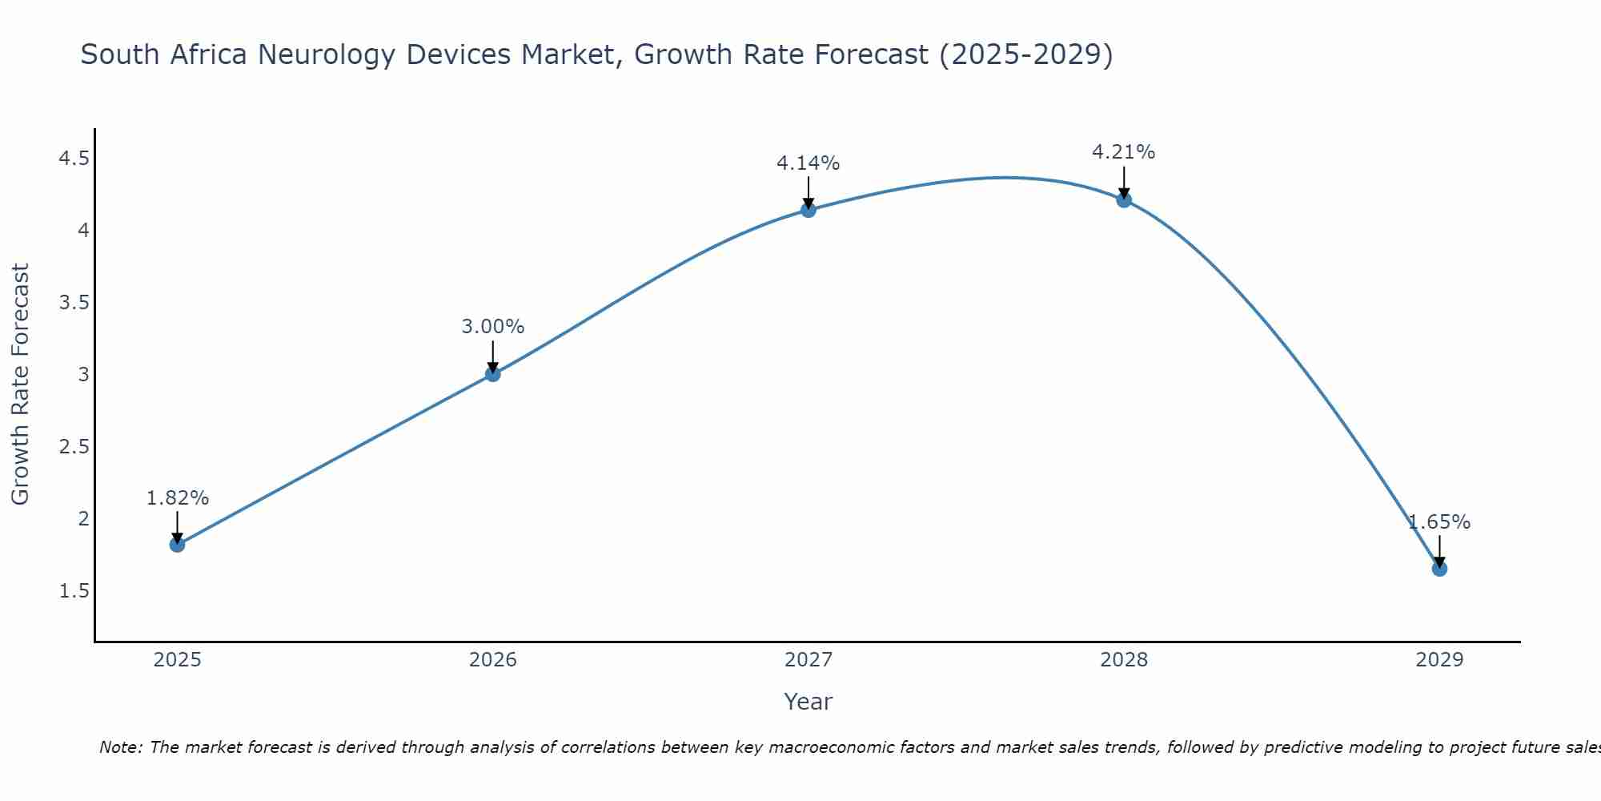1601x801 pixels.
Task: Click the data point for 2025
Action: tap(177, 545)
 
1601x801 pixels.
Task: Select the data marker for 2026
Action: tap(493, 374)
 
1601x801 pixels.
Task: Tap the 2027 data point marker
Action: tap(809, 210)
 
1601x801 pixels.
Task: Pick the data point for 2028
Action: tap(1124, 199)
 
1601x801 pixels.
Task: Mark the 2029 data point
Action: tap(1439, 569)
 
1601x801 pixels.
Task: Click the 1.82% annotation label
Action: tap(177, 498)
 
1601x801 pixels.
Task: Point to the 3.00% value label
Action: tap(493, 327)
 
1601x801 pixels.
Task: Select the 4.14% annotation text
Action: tap(809, 163)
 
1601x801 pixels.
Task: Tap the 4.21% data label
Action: tap(1124, 152)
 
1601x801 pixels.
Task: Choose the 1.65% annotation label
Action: tap(1439, 522)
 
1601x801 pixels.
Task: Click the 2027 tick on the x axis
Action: tap(809, 660)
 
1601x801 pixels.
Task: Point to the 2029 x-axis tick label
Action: tap(1439, 660)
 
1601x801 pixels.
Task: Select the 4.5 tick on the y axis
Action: tap(74, 159)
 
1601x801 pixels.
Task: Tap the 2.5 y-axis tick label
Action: tap(74, 447)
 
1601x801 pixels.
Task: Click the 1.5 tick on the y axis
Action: tap(74, 591)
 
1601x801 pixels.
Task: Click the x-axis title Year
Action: tap(809, 702)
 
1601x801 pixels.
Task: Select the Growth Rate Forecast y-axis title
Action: tap(21, 384)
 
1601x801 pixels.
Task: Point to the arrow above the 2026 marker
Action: tap(493, 356)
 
